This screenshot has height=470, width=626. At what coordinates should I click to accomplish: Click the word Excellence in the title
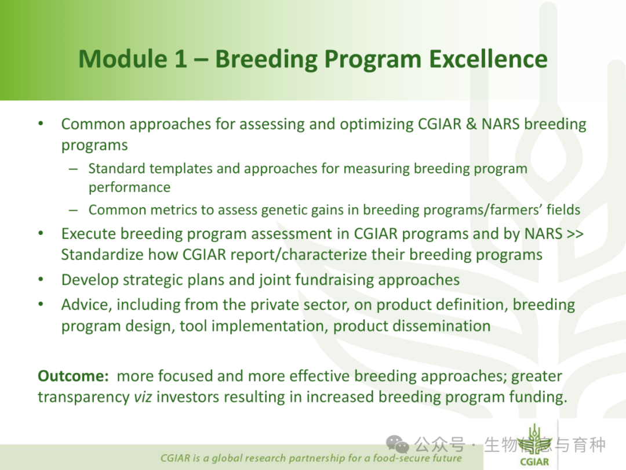488,59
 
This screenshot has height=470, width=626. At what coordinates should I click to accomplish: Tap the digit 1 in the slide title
180,59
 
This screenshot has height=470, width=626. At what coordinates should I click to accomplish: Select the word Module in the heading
123,59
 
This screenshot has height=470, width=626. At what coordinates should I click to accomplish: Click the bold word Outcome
73,376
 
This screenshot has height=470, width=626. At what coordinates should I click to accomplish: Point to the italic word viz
143,397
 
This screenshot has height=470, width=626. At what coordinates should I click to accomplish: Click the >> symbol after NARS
576,234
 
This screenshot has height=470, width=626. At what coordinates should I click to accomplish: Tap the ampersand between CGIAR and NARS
471,124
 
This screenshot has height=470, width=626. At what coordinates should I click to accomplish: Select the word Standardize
103,255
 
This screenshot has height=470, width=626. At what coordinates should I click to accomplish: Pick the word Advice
86,305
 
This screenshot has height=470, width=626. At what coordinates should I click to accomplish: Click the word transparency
83,398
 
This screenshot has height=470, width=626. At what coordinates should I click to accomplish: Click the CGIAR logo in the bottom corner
534,445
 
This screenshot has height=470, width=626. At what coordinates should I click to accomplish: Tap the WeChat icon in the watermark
398,444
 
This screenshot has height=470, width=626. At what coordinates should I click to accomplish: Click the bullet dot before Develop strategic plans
41,280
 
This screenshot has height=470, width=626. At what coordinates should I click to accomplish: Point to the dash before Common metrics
73,210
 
